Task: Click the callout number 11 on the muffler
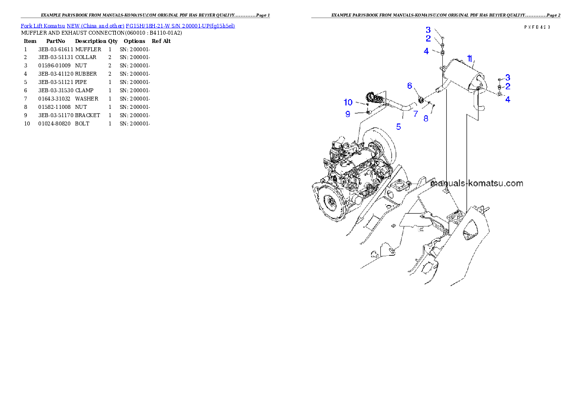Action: (469, 60)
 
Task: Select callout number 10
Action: (348, 102)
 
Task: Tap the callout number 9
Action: (348, 114)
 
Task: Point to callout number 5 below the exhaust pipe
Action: (398, 126)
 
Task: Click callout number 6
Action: (410, 86)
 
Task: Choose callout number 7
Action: (415, 114)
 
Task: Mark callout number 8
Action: (426, 118)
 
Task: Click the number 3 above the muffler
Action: (428, 30)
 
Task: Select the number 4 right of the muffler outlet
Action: (508, 99)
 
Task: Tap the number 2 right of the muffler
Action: (508, 86)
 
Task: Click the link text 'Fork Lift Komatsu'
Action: (43, 25)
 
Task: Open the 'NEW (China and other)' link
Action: (95, 25)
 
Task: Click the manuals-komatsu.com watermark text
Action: (477, 184)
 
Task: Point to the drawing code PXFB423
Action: (537, 27)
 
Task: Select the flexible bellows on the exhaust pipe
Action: (375, 98)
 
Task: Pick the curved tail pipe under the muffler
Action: (480, 103)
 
